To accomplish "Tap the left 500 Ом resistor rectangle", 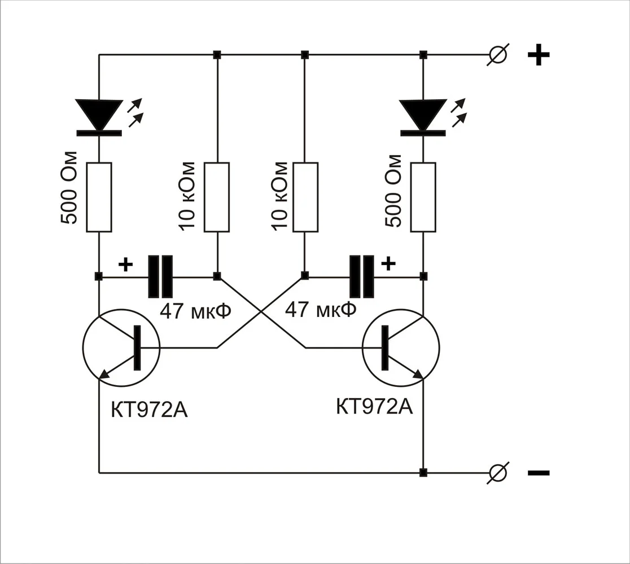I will coord(99,197).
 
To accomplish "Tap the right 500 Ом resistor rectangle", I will coord(423,197).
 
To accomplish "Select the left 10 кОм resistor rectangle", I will coord(217,197).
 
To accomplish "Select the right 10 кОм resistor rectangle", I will coord(305,197).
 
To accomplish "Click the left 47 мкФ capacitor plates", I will coord(160,276).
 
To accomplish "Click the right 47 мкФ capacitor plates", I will coord(362,276).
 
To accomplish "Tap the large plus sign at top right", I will coord(538,55).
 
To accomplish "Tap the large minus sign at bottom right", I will coord(538,473).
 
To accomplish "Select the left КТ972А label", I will coord(149,410).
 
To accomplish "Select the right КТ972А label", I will coord(374,406).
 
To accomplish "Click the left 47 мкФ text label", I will coord(196,311).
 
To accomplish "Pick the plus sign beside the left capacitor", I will coord(125,264).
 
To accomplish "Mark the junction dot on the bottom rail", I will coord(423,472).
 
